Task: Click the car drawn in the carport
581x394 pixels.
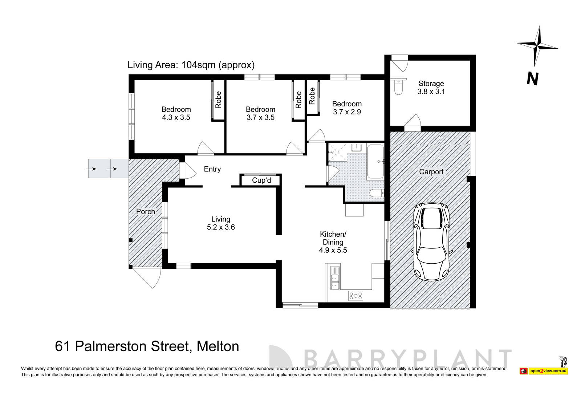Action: [x=431, y=241]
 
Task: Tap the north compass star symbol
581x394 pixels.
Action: [x=537, y=46]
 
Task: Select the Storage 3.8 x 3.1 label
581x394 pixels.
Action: [x=431, y=88]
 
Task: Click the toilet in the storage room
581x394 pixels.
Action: [x=398, y=87]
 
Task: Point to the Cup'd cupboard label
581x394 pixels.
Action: [x=261, y=180]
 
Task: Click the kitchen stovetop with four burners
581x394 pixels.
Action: [x=355, y=296]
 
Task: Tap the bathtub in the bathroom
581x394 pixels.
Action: [x=375, y=161]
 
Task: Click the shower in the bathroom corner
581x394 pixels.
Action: [x=337, y=152]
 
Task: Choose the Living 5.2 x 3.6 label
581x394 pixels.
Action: [x=221, y=223]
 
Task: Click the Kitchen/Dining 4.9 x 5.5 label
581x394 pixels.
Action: [x=333, y=242]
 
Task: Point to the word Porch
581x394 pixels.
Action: [x=145, y=211]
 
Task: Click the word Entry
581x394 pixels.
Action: [x=212, y=169]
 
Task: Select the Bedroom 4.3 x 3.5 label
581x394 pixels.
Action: [x=176, y=113]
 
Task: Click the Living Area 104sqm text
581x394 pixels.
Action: [x=191, y=65]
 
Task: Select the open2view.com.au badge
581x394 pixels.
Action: [x=548, y=371]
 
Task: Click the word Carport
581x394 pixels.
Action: [x=431, y=172]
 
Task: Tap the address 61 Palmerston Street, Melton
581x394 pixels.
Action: [x=147, y=346]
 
